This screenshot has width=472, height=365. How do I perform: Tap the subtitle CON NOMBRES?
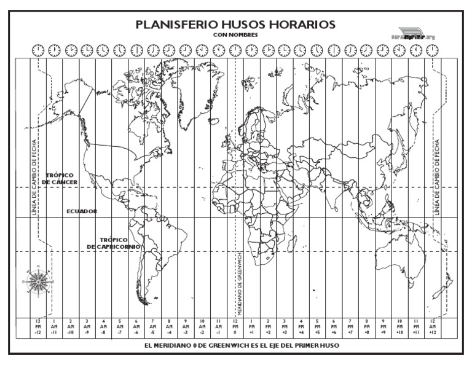pos(235,35)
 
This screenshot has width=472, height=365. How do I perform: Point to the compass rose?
pos(38,280)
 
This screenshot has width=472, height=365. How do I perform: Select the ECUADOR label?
pos(82,211)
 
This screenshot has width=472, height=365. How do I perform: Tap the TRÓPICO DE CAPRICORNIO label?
pos(114,243)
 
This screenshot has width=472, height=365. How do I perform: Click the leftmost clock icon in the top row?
pos(37,50)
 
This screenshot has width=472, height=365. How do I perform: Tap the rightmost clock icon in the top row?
pos(433,50)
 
